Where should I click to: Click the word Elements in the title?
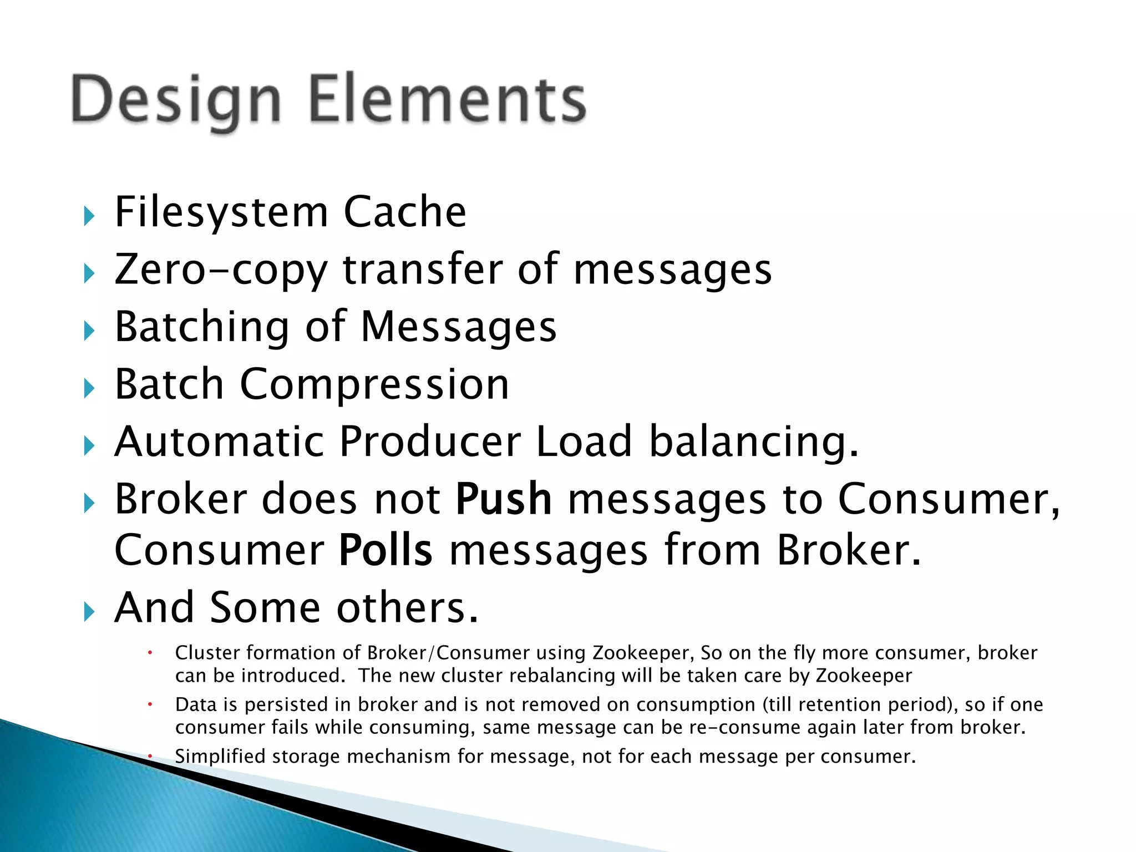pos(447,100)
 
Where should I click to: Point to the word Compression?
pos(374,384)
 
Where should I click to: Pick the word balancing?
pos(753,443)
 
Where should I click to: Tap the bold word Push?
pos(503,499)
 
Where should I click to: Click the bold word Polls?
pos(386,550)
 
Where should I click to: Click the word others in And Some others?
pos(407,608)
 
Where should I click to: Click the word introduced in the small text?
pos(291,676)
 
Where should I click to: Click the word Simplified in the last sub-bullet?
pos(220,757)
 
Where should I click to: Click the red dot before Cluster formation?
pos(150,653)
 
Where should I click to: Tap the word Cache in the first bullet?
pos(405,212)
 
